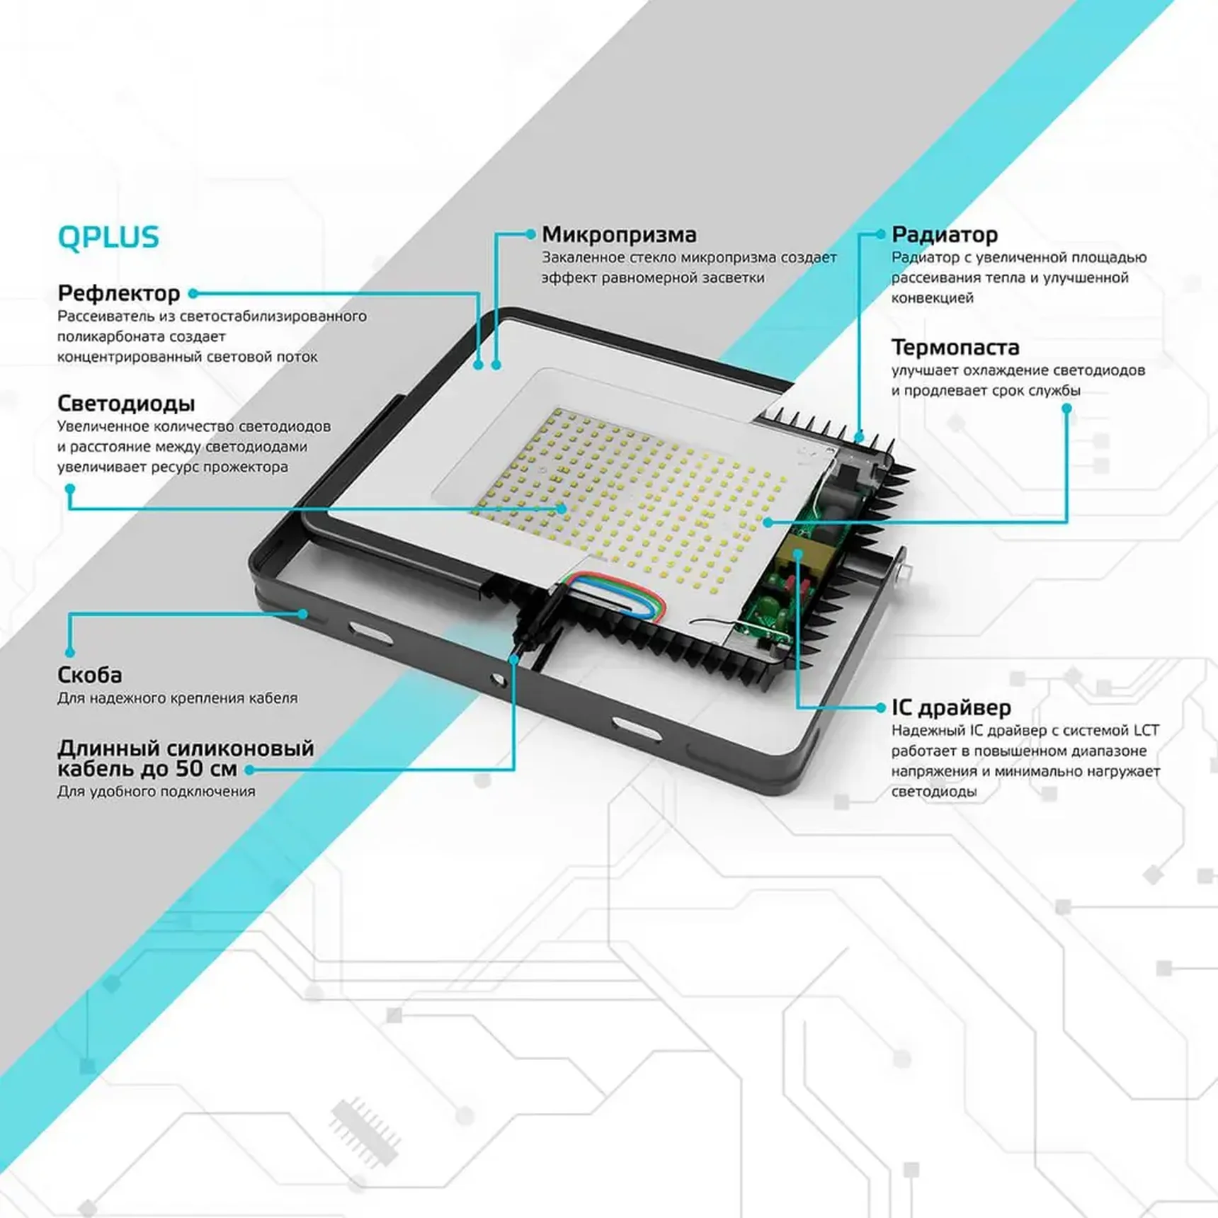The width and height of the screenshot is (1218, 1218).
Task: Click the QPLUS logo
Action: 108,237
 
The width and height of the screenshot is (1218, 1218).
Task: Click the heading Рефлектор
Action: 118,292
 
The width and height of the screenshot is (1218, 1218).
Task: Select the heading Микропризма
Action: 619,234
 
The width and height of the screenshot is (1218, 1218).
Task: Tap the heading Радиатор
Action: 944,234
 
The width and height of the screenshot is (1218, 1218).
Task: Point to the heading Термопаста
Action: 955,347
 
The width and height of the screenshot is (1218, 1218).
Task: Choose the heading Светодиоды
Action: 125,403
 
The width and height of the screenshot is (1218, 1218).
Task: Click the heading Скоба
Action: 89,674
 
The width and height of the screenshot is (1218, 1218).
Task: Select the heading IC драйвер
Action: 951,707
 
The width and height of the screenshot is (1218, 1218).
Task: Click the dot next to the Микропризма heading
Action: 530,234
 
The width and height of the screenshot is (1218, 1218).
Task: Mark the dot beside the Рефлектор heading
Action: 193,293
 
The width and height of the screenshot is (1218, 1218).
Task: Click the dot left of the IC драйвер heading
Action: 880,707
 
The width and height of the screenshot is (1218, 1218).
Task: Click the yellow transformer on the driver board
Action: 797,556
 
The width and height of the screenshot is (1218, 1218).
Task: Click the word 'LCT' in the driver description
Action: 1146,730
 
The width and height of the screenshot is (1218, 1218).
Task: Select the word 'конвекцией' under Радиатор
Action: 932,297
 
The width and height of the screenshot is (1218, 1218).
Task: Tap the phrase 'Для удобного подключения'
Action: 156,791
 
